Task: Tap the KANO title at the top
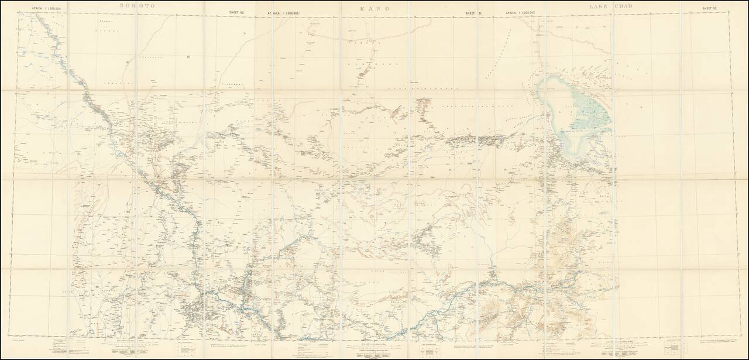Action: click(x=374, y=9)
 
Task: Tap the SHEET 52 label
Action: click(x=710, y=9)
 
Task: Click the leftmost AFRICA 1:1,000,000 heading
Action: click(x=43, y=9)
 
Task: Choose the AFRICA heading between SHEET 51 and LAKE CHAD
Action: click(x=520, y=12)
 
